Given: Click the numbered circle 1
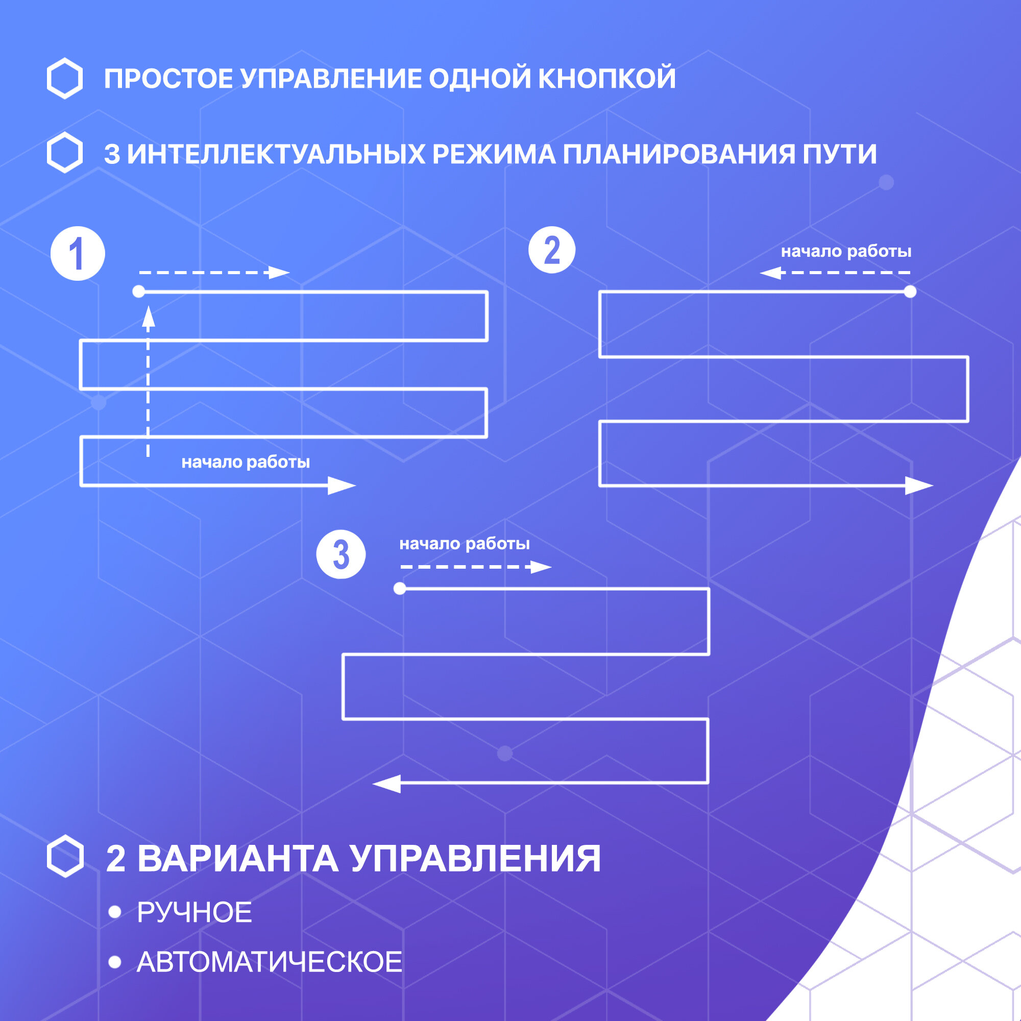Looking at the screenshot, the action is (78, 254).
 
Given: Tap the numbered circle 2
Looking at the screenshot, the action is (552, 250).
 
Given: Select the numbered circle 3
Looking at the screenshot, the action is (341, 554).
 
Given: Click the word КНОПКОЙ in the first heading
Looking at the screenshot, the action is (606, 79).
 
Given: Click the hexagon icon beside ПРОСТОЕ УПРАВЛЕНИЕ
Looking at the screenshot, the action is (64, 78).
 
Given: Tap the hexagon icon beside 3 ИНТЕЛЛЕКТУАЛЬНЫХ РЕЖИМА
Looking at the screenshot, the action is (64, 153).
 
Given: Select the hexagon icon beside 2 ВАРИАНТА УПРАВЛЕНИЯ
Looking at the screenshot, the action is (65, 857).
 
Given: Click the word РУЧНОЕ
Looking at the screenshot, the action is (195, 913).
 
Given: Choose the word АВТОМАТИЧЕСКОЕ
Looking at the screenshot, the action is (270, 962).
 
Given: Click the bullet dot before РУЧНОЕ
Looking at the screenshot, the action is (115, 912).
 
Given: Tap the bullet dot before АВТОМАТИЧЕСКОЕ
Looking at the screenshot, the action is (115, 962).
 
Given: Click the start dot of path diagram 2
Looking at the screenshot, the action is (910, 291).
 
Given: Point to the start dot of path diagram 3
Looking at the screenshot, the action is (400, 588).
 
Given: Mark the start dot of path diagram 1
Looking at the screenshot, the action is (138, 291).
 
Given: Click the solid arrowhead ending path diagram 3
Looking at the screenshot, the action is (387, 783).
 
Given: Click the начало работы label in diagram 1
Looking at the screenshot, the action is (246, 463).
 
